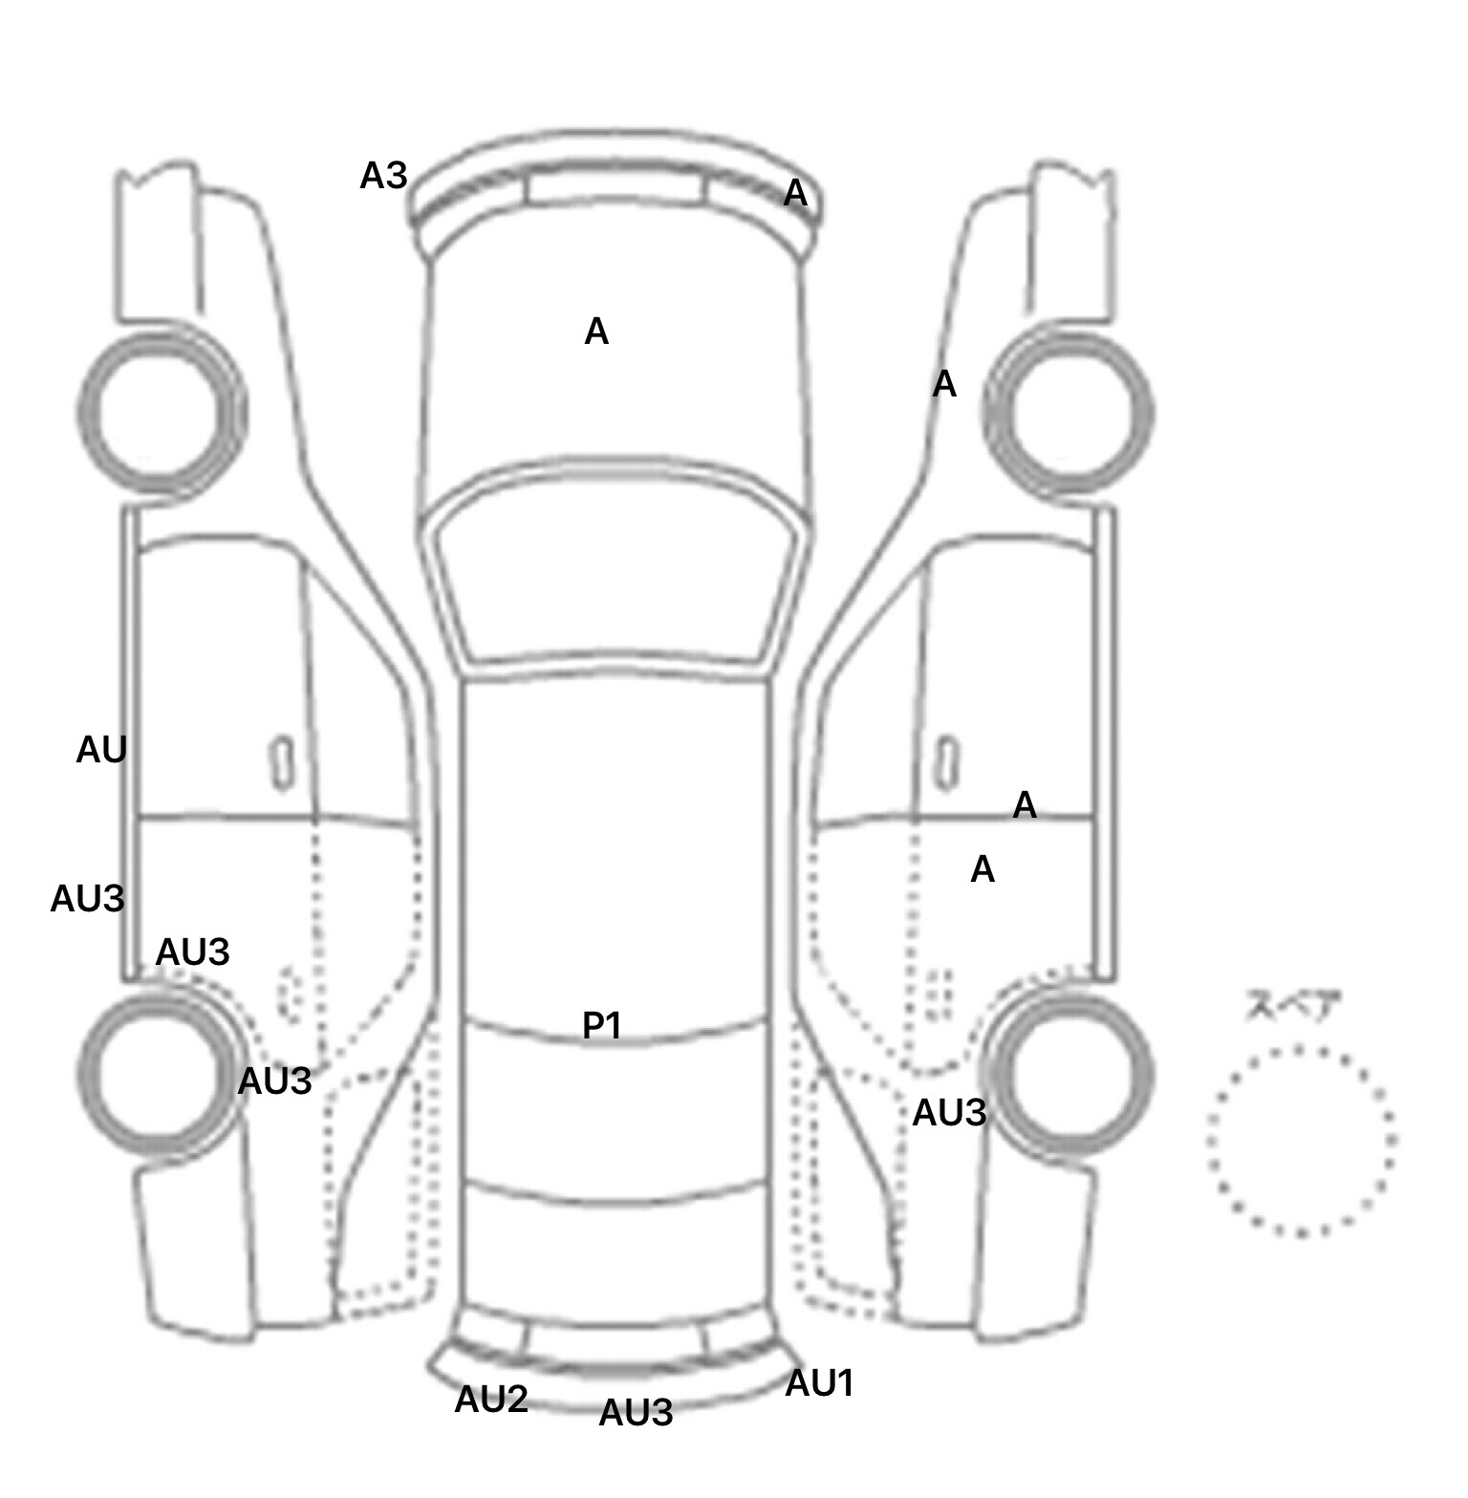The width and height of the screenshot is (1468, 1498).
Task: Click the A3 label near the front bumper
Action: click(x=383, y=176)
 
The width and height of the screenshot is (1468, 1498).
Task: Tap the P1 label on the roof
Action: click(x=602, y=1025)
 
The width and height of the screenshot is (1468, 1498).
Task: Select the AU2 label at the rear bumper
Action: click(x=490, y=1399)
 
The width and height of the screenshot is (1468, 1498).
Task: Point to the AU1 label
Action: click(x=818, y=1382)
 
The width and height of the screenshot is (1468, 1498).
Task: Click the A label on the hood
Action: click(x=595, y=332)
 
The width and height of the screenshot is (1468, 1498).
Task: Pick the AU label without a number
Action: click(x=100, y=751)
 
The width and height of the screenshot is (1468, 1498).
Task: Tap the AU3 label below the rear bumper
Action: click(x=636, y=1412)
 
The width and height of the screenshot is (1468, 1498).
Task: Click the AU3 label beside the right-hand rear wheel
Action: click(x=948, y=1112)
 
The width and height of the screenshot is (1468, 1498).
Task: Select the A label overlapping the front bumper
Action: click(x=795, y=193)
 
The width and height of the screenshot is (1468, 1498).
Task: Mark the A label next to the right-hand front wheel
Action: click(x=943, y=384)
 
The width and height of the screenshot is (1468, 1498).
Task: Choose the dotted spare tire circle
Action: click(x=1301, y=1139)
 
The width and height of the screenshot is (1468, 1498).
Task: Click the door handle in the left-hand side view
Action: click(x=282, y=762)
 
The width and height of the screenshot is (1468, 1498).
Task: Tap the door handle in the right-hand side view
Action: click(x=946, y=762)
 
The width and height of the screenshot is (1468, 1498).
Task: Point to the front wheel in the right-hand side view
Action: click(x=1069, y=411)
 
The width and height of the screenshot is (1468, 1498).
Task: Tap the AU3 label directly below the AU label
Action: click(x=87, y=898)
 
